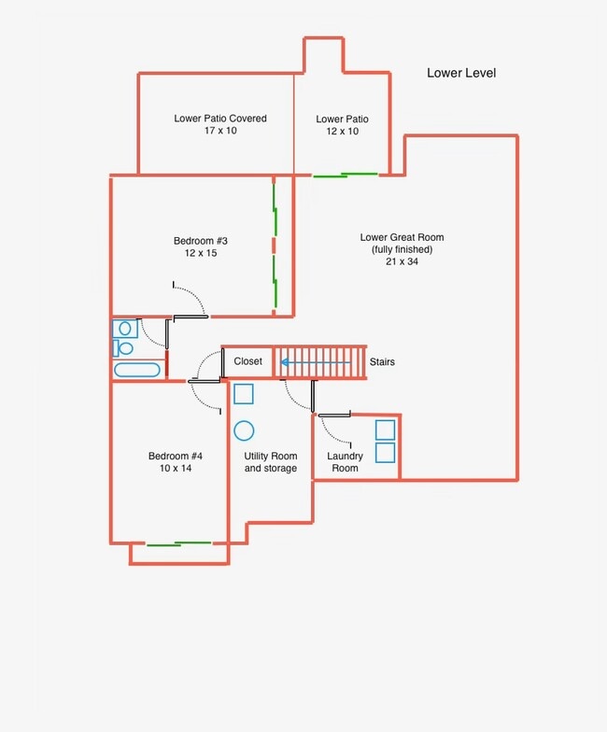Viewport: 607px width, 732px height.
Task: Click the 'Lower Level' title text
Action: click(x=461, y=73)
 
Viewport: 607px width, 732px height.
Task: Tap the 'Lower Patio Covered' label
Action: click(x=220, y=119)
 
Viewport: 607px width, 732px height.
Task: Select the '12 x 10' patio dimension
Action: click(x=342, y=131)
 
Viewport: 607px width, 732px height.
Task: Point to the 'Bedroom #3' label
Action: click(x=200, y=241)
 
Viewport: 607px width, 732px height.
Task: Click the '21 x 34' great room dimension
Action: click(x=402, y=261)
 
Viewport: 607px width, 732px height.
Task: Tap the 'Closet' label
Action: click(x=248, y=361)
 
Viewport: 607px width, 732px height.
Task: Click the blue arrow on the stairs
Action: click(x=316, y=362)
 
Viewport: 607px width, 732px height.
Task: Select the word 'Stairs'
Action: click(x=382, y=362)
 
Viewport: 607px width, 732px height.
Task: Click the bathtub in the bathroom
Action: click(x=136, y=370)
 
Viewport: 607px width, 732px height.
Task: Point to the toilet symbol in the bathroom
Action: click(x=123, y=347)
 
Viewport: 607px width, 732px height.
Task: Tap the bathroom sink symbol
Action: click(x=125, y=329)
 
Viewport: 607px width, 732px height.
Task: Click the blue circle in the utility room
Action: click(x=244, y=430)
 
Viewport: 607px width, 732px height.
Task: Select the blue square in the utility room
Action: click(x=243, y=394)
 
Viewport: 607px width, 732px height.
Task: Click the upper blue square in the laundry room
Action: click(x=385, y=429)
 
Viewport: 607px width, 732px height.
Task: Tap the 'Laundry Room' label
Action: click(x=345, y=462)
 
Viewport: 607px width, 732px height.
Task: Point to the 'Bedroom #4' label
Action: click(x=176, y=456)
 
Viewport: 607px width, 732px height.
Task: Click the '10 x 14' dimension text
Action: click(x=176, y=469)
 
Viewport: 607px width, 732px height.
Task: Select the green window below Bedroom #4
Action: click(x=179, y=543)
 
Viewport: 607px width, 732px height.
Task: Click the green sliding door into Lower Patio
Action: click(x=346, y=176)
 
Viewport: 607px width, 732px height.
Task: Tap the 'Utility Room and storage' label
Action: click(x=271, y=462)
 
